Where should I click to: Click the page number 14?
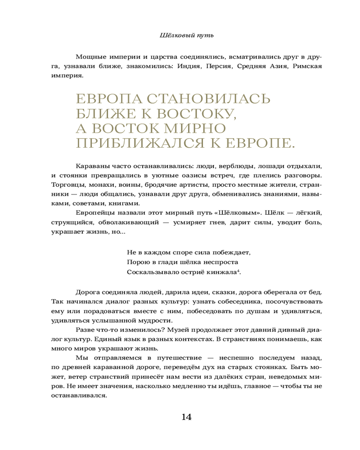(186, 417)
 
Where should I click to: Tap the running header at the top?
(186, 35)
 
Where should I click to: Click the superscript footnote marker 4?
(238, 270)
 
